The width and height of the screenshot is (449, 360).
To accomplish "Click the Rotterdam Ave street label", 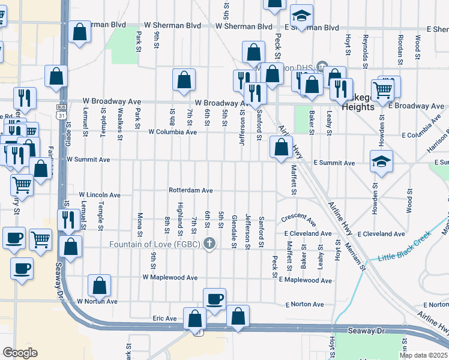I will click(x=191, y=190).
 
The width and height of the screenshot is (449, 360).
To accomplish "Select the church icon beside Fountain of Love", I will click(x=209, y=244).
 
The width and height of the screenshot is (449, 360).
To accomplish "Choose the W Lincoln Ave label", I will click(x=100, y=195).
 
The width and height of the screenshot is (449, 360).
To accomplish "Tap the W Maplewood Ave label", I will click(x=170, y=278).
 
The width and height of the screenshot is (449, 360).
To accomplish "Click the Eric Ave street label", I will click(x=164, y=318).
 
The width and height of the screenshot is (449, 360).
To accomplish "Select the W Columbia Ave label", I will click(x=173, y=132).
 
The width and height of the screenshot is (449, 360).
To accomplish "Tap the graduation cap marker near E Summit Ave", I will click(x=381, y=162).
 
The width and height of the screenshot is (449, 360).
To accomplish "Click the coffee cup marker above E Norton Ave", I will click(x=214, y=299).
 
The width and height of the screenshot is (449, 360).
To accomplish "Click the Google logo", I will click(x=20, y=353).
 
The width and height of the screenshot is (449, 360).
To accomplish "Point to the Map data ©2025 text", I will click(x=423, y=355).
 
